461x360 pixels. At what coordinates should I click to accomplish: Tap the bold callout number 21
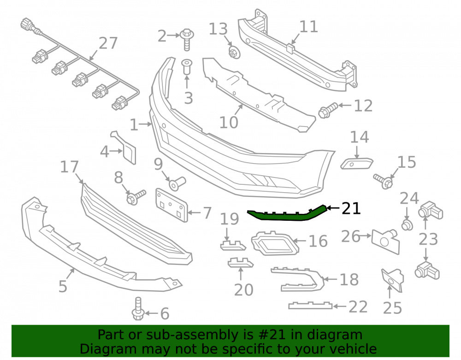coord(351,208)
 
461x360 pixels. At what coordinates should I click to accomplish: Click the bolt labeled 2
coord(186,39)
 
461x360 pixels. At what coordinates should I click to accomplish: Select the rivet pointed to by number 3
coord(187,67)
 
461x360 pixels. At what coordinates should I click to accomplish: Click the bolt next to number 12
coord(328,110)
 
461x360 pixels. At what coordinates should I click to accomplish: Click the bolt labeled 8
coord(136,197)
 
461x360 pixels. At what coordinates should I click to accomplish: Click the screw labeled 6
coord(137,308)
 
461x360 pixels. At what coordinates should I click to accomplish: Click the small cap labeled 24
coord(407,225)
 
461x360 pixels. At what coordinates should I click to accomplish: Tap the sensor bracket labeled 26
coord(385,241)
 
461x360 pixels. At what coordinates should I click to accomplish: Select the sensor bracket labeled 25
coord(392,280)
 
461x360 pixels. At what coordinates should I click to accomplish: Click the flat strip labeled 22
coord(310,306)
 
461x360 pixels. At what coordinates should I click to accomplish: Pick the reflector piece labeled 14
coord(357,163)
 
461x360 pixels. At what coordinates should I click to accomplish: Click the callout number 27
coord(108,43)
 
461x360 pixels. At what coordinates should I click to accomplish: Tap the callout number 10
coord(229,122)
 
